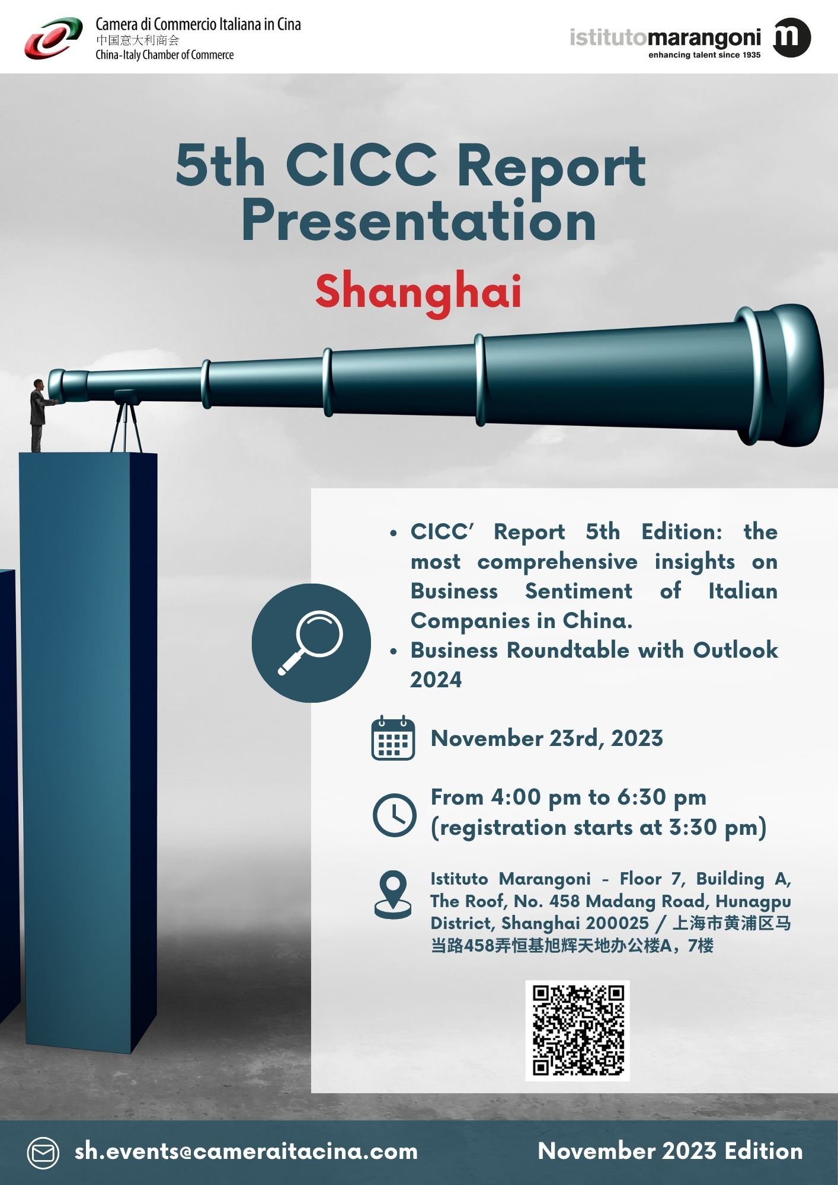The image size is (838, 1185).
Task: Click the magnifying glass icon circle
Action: (311, 643)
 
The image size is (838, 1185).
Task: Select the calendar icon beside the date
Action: (393, 738)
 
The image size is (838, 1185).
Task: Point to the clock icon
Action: (394, 815)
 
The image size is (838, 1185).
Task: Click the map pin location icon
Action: (393, 895)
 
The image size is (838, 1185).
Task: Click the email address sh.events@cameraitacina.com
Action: (246, 1151)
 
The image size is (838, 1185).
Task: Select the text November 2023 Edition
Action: (670, 1151)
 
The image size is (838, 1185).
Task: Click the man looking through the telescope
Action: (39, 415)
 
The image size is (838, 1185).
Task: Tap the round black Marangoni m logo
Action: (792, 38)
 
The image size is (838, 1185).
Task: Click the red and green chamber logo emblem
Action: (53, 39)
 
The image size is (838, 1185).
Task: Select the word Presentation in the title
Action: (418, 220)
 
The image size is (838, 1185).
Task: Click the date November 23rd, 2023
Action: (546, 738)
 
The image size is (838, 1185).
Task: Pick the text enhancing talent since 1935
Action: (704, 55)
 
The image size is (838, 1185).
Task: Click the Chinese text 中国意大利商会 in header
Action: (137, 40)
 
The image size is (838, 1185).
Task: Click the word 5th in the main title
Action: (220, 166)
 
